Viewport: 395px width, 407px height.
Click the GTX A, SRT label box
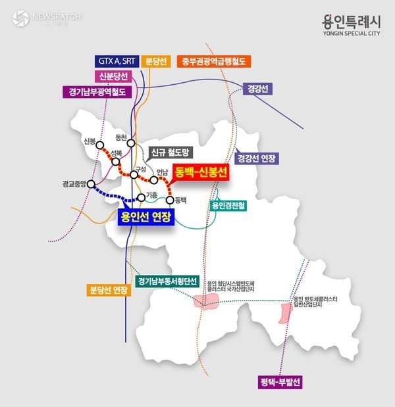tap(118, 61)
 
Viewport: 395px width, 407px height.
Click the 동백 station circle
tap(171, 200)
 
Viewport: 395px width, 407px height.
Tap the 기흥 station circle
tap(141, 197)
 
